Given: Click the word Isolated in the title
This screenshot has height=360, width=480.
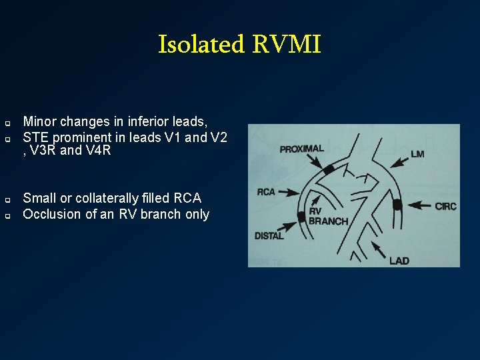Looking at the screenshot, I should (201, 45).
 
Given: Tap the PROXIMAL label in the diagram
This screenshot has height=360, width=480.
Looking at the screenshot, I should (301, 149).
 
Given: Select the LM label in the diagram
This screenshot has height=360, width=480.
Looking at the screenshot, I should (417, 154).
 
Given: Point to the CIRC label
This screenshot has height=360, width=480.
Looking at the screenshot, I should (445, 206).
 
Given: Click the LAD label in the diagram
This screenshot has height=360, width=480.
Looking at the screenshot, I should (399, 260).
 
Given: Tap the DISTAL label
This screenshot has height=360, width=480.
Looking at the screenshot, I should (269, 235).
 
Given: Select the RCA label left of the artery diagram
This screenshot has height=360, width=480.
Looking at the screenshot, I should (266, 192).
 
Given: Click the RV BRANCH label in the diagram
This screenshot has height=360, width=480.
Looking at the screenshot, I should (327, 217).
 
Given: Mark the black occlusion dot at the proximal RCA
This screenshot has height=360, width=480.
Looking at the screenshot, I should (329, 170).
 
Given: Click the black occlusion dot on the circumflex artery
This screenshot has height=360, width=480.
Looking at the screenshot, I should (397, 205).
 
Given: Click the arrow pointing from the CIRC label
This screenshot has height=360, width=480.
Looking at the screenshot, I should (420, 206).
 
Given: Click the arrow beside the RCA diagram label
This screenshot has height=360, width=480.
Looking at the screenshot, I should (288, 192).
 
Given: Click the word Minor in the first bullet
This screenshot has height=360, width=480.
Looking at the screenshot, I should (38, 121).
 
